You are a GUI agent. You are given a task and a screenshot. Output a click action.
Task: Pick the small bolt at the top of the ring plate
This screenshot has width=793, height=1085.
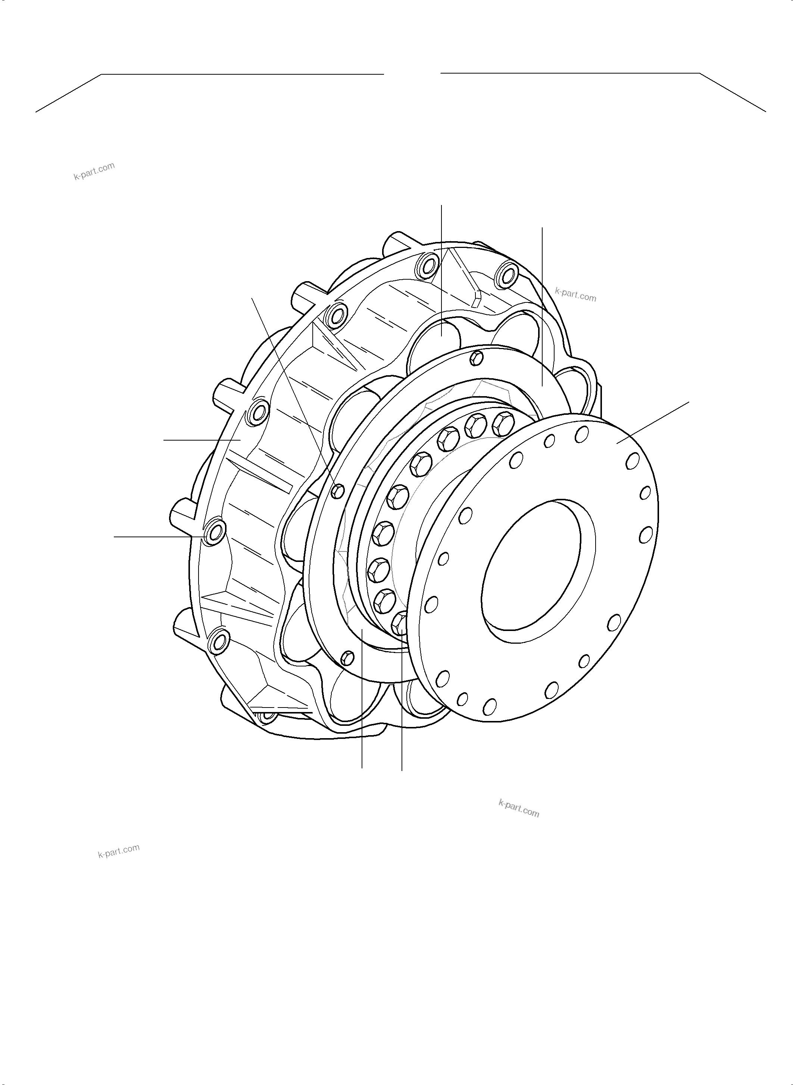click(477, 357)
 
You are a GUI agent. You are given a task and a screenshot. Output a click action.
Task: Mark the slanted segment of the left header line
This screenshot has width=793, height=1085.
click(69, 93)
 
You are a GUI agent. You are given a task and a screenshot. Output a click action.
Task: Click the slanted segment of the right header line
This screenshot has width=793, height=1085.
click(733, 92)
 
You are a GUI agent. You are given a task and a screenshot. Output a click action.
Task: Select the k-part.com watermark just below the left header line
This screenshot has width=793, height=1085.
click(94, 171)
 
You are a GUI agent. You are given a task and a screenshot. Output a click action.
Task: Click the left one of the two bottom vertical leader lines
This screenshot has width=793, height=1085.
click(362, 701)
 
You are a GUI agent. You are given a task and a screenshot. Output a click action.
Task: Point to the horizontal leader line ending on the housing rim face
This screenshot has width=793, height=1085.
click(202, 439)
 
